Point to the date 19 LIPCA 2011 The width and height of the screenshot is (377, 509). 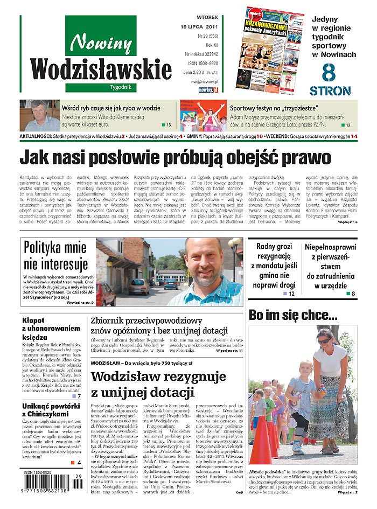[200, 26]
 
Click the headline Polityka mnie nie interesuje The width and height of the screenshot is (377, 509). [55, 256]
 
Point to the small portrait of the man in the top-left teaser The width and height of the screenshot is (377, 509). [39, 115]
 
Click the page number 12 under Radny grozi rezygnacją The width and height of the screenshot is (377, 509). [291, 294]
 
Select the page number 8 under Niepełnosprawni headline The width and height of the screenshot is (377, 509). [353, 294]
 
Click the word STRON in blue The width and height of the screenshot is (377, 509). [331, 90]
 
